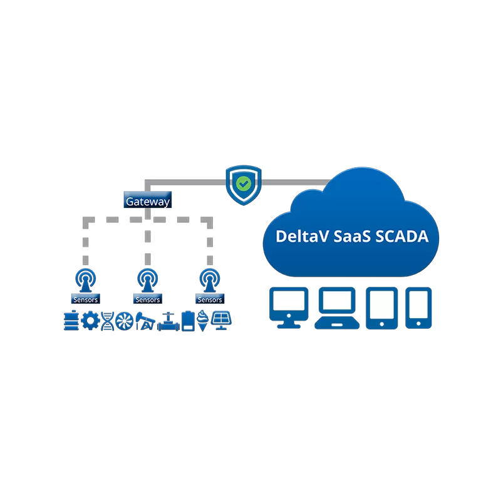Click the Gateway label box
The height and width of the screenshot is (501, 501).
click(x=147, y=202)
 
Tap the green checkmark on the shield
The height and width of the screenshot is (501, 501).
click(x=243, y=183)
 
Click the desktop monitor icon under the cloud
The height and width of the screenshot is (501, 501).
click(x=289, y=307)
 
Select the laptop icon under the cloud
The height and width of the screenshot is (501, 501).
click(x=338, y=307)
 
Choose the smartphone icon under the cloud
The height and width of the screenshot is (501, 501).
click(x=418, y=307)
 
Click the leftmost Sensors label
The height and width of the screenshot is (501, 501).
click(x=85, y=299)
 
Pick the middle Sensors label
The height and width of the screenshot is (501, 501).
click(x=148, y=299)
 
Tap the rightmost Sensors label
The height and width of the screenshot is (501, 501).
click(x=210, y=299)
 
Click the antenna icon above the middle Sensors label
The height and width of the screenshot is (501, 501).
click(x=148, y=280)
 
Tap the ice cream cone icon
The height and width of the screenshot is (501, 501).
click(x=203, y=321)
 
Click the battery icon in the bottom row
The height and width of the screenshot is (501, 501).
click(x=188, y=321)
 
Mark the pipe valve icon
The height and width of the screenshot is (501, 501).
click(x=168, y=321)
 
